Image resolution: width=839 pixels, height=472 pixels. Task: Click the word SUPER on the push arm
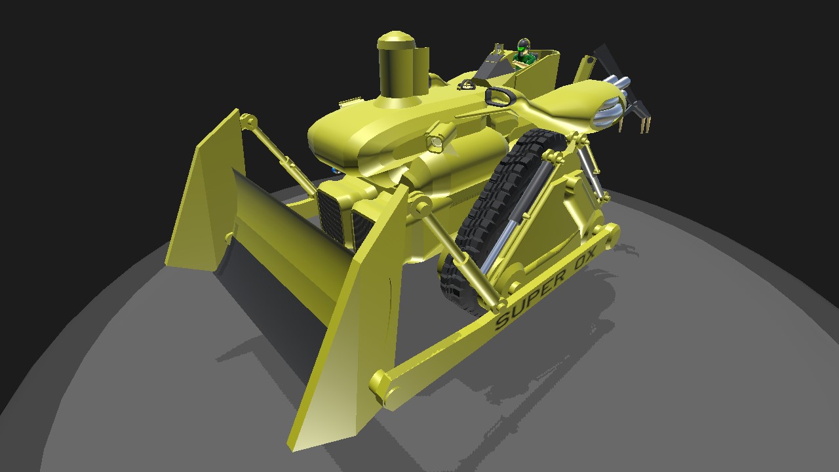click(531, 300)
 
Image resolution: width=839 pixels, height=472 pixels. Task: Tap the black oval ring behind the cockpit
click(499, 96)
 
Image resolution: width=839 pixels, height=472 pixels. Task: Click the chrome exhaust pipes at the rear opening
click(610, 101)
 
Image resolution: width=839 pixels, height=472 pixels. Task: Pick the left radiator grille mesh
click(331, 216)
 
